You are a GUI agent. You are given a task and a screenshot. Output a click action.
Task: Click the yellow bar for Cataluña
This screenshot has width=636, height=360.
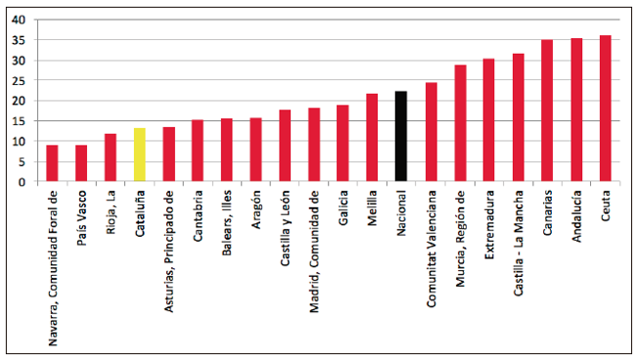pos(140,155)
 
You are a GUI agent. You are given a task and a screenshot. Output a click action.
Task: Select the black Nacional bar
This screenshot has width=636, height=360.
pos(401,136)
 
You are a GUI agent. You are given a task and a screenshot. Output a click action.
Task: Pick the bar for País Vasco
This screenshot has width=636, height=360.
pos(81,163)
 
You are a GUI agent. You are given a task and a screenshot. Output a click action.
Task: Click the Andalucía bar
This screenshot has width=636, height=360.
pos(576,110)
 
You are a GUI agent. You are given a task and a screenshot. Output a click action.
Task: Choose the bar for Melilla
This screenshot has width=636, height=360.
pos(372,137)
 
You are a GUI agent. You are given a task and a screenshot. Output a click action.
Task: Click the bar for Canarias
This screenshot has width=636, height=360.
pos(547,111)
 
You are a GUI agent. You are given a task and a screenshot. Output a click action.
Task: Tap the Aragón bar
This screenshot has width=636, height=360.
pos(256,150)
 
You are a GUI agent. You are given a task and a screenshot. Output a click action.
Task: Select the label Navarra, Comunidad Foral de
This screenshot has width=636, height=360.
pos(52,268)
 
